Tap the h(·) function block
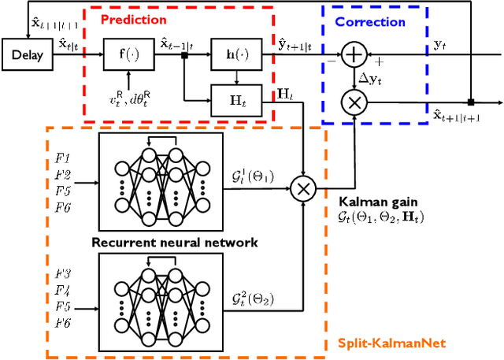pos(233,55)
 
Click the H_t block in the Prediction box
pos(233,99)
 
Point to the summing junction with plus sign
pos(354,55)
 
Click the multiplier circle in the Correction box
pos(354,101)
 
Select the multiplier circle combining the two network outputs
pos(303,188)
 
